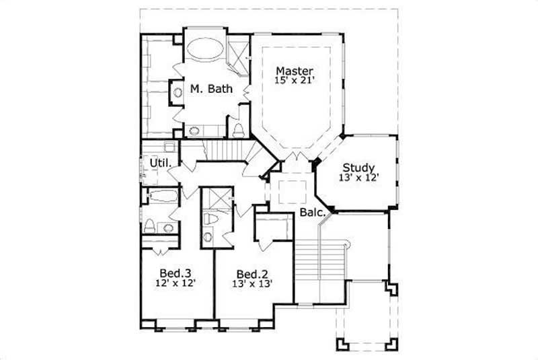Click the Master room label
294,69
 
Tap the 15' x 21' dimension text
294,80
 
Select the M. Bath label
206,88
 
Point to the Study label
358,168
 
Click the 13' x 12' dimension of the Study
358,178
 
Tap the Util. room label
160,163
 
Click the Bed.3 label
176,273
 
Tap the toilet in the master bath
238,129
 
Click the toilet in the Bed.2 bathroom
209,219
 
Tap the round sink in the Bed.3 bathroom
168,227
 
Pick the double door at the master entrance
294,158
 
